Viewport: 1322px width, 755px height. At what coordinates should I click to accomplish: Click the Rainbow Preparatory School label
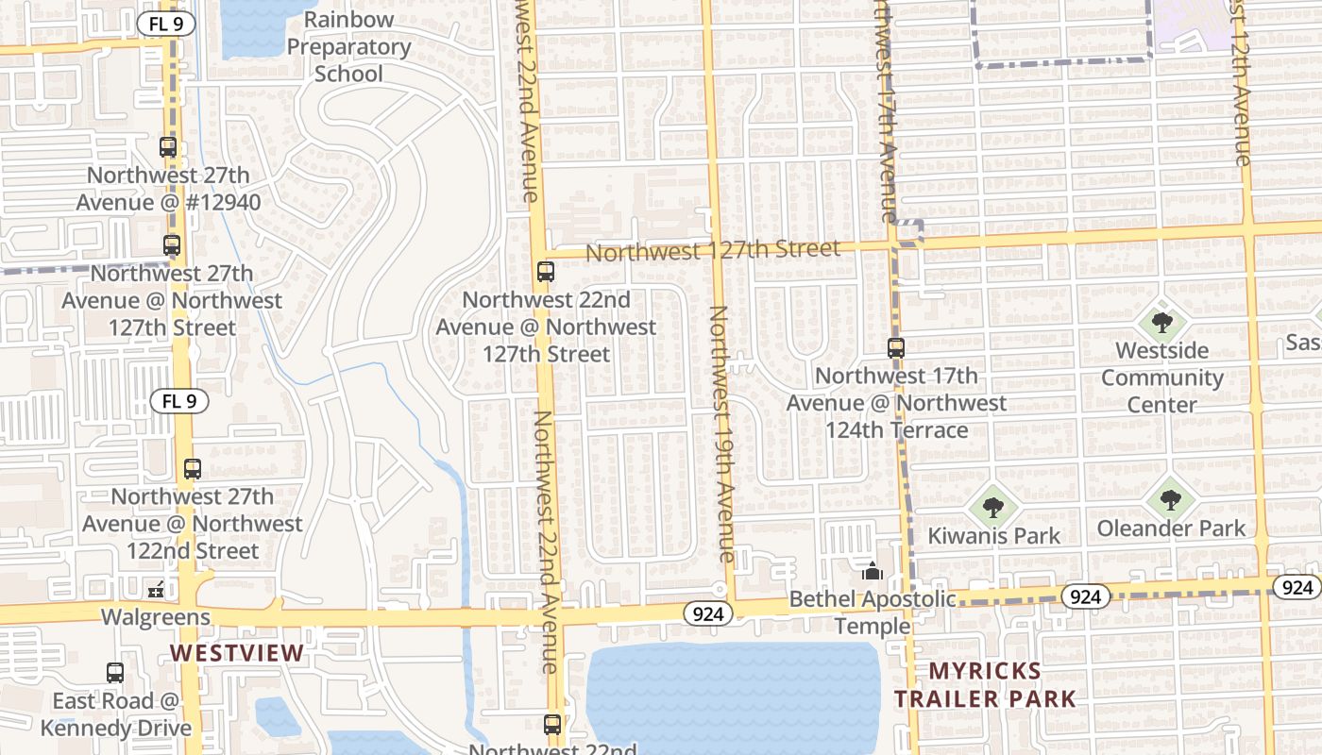(348, 47)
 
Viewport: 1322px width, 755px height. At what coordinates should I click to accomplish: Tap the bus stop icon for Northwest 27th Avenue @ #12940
(168, 147)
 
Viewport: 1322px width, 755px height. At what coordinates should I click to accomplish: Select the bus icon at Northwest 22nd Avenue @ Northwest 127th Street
(546, 272)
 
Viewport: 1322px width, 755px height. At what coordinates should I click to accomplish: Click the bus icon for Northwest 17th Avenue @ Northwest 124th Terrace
(896, 348)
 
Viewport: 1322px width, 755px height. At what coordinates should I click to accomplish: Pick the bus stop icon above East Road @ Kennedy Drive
(115, 673)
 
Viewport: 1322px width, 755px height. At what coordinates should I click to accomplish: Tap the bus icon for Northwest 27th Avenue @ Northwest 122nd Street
(193, 469)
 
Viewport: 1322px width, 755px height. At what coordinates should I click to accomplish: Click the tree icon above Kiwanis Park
(992, 508)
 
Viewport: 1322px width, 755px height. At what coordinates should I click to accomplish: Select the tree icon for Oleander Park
(1171, 499)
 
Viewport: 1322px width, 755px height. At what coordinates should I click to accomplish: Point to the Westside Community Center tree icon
(1162, 323)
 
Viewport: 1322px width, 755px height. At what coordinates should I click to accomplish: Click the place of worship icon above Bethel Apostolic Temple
(873, 571)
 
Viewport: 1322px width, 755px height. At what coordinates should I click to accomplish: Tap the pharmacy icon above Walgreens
(156, 590)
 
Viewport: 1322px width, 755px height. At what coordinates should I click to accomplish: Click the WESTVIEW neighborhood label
(237, 653)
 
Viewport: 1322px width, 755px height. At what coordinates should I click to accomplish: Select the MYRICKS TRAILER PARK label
(985, 685)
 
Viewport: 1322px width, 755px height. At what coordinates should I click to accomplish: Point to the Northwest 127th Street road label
(713, 250)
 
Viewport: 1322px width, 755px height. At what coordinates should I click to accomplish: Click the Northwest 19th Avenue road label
(722, 434)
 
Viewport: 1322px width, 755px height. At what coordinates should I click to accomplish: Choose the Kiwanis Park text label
(993, 536)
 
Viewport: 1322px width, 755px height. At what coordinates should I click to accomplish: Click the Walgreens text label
(156, 617)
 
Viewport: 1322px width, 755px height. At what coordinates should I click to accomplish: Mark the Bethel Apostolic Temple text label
(872, 612)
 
